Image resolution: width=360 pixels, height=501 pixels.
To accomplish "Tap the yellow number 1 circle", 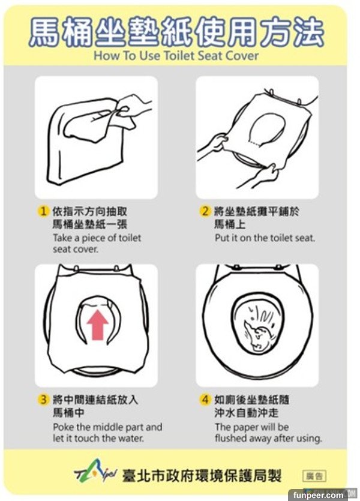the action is pos(43,211).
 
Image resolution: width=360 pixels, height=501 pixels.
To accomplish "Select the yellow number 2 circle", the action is pos(205,211).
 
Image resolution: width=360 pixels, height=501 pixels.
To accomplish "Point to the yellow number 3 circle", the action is pos(43,400).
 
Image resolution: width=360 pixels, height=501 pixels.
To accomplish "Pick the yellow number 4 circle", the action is pos(205,400).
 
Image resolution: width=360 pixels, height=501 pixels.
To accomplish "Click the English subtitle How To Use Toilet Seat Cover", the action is pos(176,56).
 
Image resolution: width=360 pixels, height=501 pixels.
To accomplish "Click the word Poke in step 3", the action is pos(64,427).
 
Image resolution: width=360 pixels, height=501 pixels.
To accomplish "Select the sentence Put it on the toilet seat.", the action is pos(265,238).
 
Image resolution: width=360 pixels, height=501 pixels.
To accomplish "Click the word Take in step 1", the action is pos(62,238).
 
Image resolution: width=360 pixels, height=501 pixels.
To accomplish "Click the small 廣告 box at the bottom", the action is pos(314,476).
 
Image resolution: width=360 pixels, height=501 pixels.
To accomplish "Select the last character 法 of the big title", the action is pos(308,32).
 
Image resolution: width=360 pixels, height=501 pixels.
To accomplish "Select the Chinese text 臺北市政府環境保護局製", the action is pos(201,476).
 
